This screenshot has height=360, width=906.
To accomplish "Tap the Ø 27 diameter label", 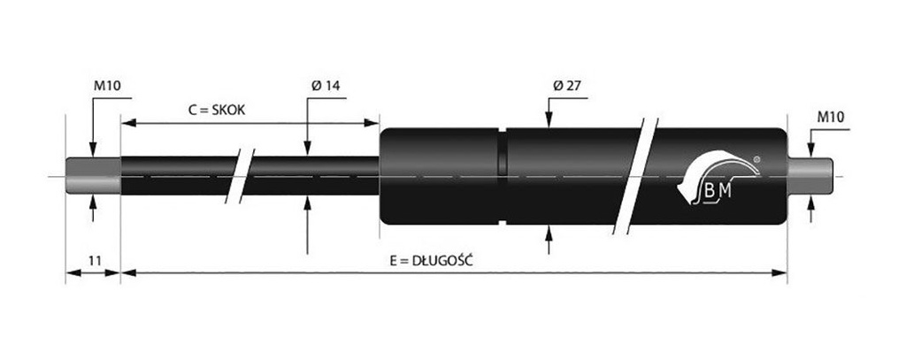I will tap(565, 86).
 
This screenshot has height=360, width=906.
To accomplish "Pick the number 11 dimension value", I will tap(92, 261).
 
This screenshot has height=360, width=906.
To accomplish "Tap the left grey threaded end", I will tap(93, 176).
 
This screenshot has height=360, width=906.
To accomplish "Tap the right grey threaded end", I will tap(810, 176).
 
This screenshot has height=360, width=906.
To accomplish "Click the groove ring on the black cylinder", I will tap(502, 176).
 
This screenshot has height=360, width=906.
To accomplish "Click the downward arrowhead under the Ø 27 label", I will tap(549, 124).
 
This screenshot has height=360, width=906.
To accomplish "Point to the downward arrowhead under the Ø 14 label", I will tap(307, 150).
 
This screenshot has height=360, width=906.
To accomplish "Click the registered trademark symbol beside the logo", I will tap(755, 160).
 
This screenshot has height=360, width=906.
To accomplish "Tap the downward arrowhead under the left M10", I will tap(94, 151).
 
